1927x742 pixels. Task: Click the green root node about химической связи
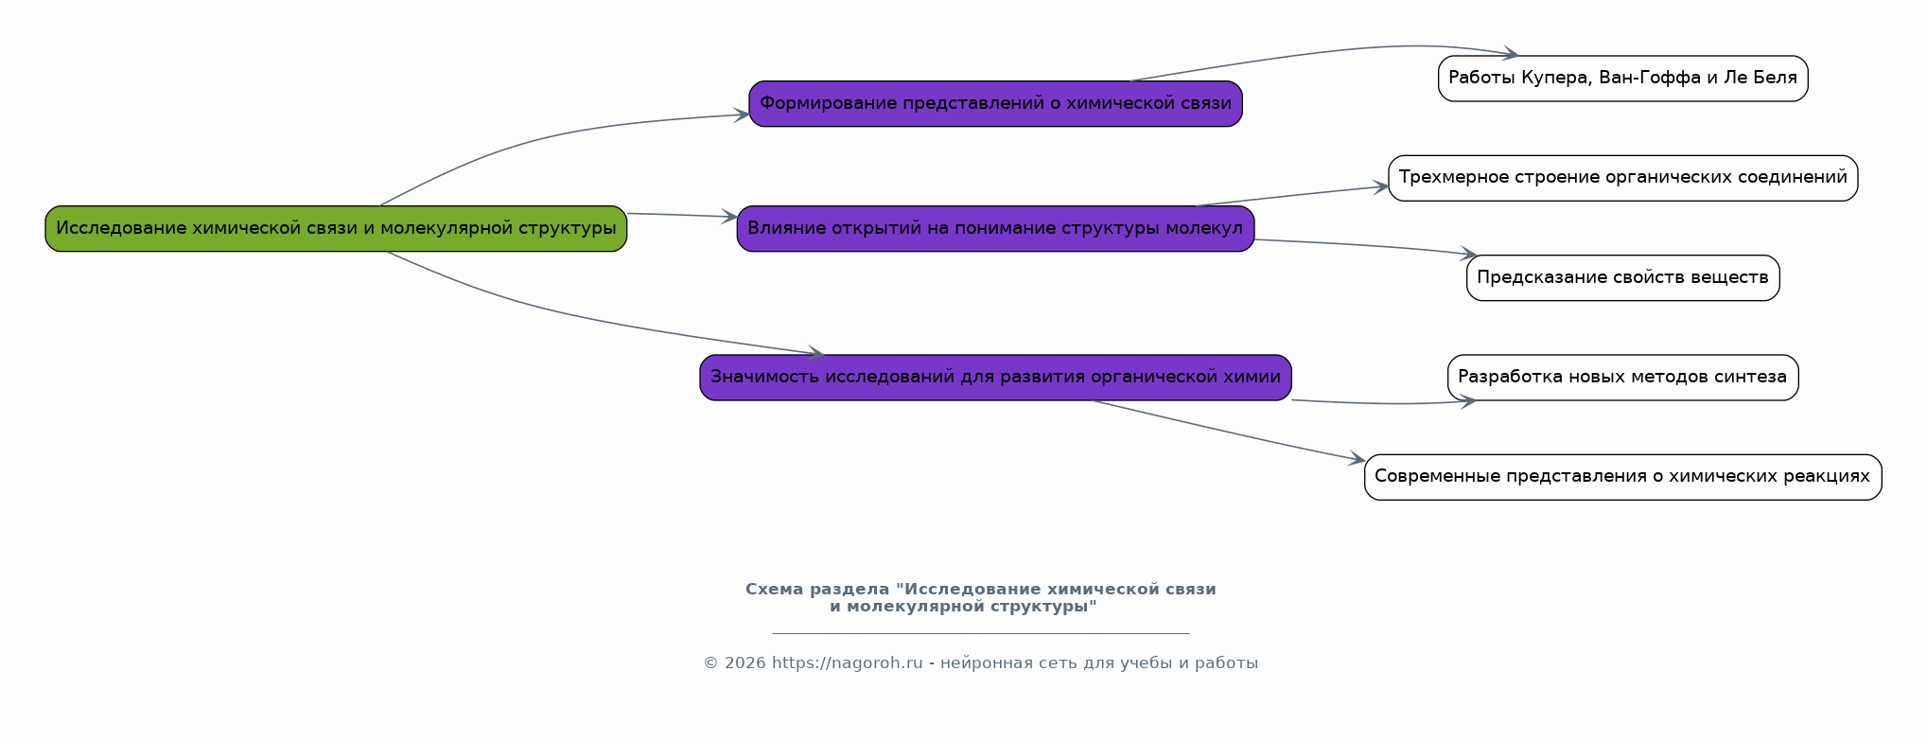coord(336,228)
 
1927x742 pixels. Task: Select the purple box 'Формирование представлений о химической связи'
coord(995,103)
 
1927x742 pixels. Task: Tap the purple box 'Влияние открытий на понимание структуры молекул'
coord(995,228)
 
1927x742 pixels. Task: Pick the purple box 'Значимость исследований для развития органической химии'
coord(995,377)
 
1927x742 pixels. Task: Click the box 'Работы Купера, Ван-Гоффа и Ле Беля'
coord(1622,79)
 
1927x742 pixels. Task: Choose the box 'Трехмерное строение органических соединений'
coord(1622,178)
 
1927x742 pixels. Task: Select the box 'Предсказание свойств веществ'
coord(1622,277)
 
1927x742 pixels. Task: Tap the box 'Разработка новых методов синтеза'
coord(1622,377)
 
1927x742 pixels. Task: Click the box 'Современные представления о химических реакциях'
coord(1622,477)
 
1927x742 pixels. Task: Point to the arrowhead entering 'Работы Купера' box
coord(1512,55)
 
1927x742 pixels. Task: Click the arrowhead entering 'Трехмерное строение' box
coord(1382,187)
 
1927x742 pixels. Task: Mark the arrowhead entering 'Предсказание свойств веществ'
coord(1469,254)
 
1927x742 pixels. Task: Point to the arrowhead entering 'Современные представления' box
coord(1358,460)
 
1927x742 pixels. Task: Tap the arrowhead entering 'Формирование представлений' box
coord(743,115)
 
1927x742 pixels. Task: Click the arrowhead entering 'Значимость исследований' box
coord(815,354)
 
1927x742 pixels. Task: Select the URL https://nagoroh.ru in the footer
coord(847,663)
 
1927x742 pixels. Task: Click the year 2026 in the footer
coord(745,663)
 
